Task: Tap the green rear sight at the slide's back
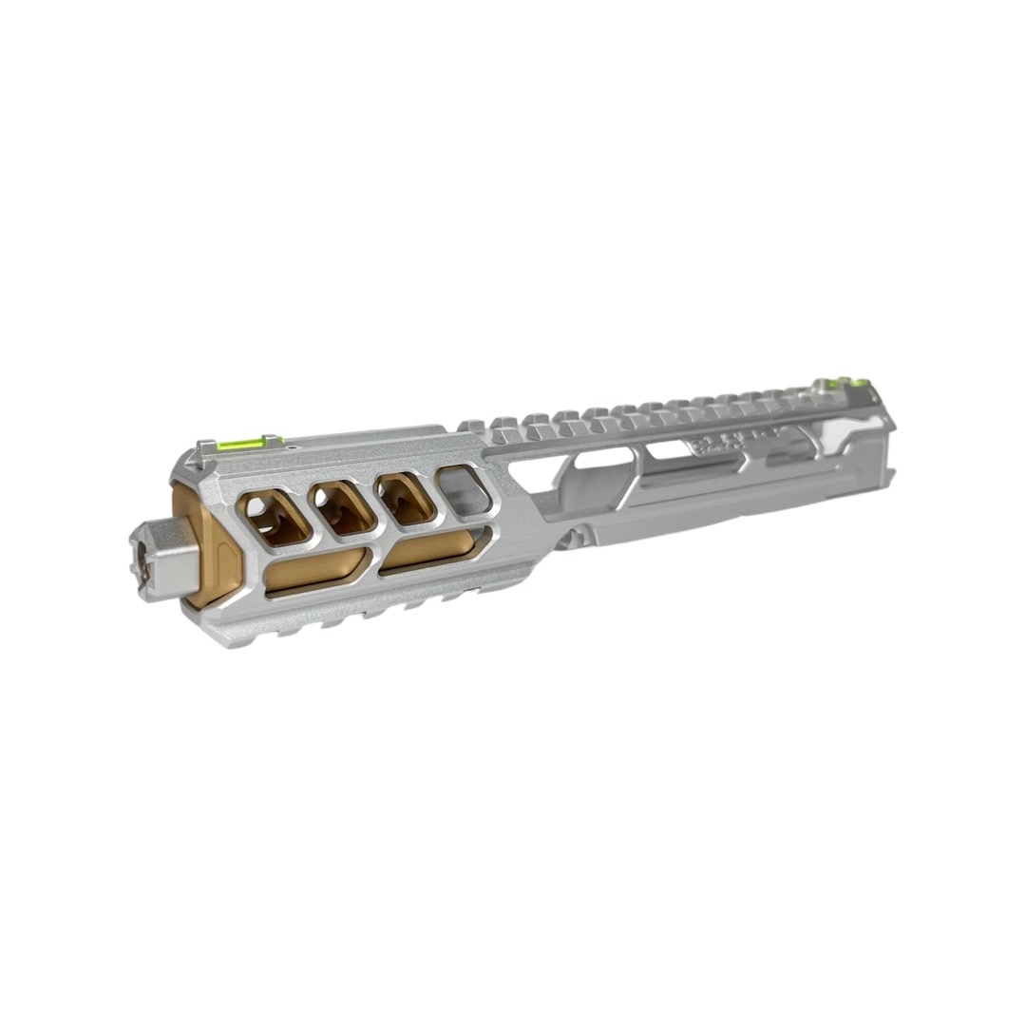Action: (840, 384)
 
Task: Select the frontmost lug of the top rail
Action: (472, 427)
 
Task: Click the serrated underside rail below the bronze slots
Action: (361, 613)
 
